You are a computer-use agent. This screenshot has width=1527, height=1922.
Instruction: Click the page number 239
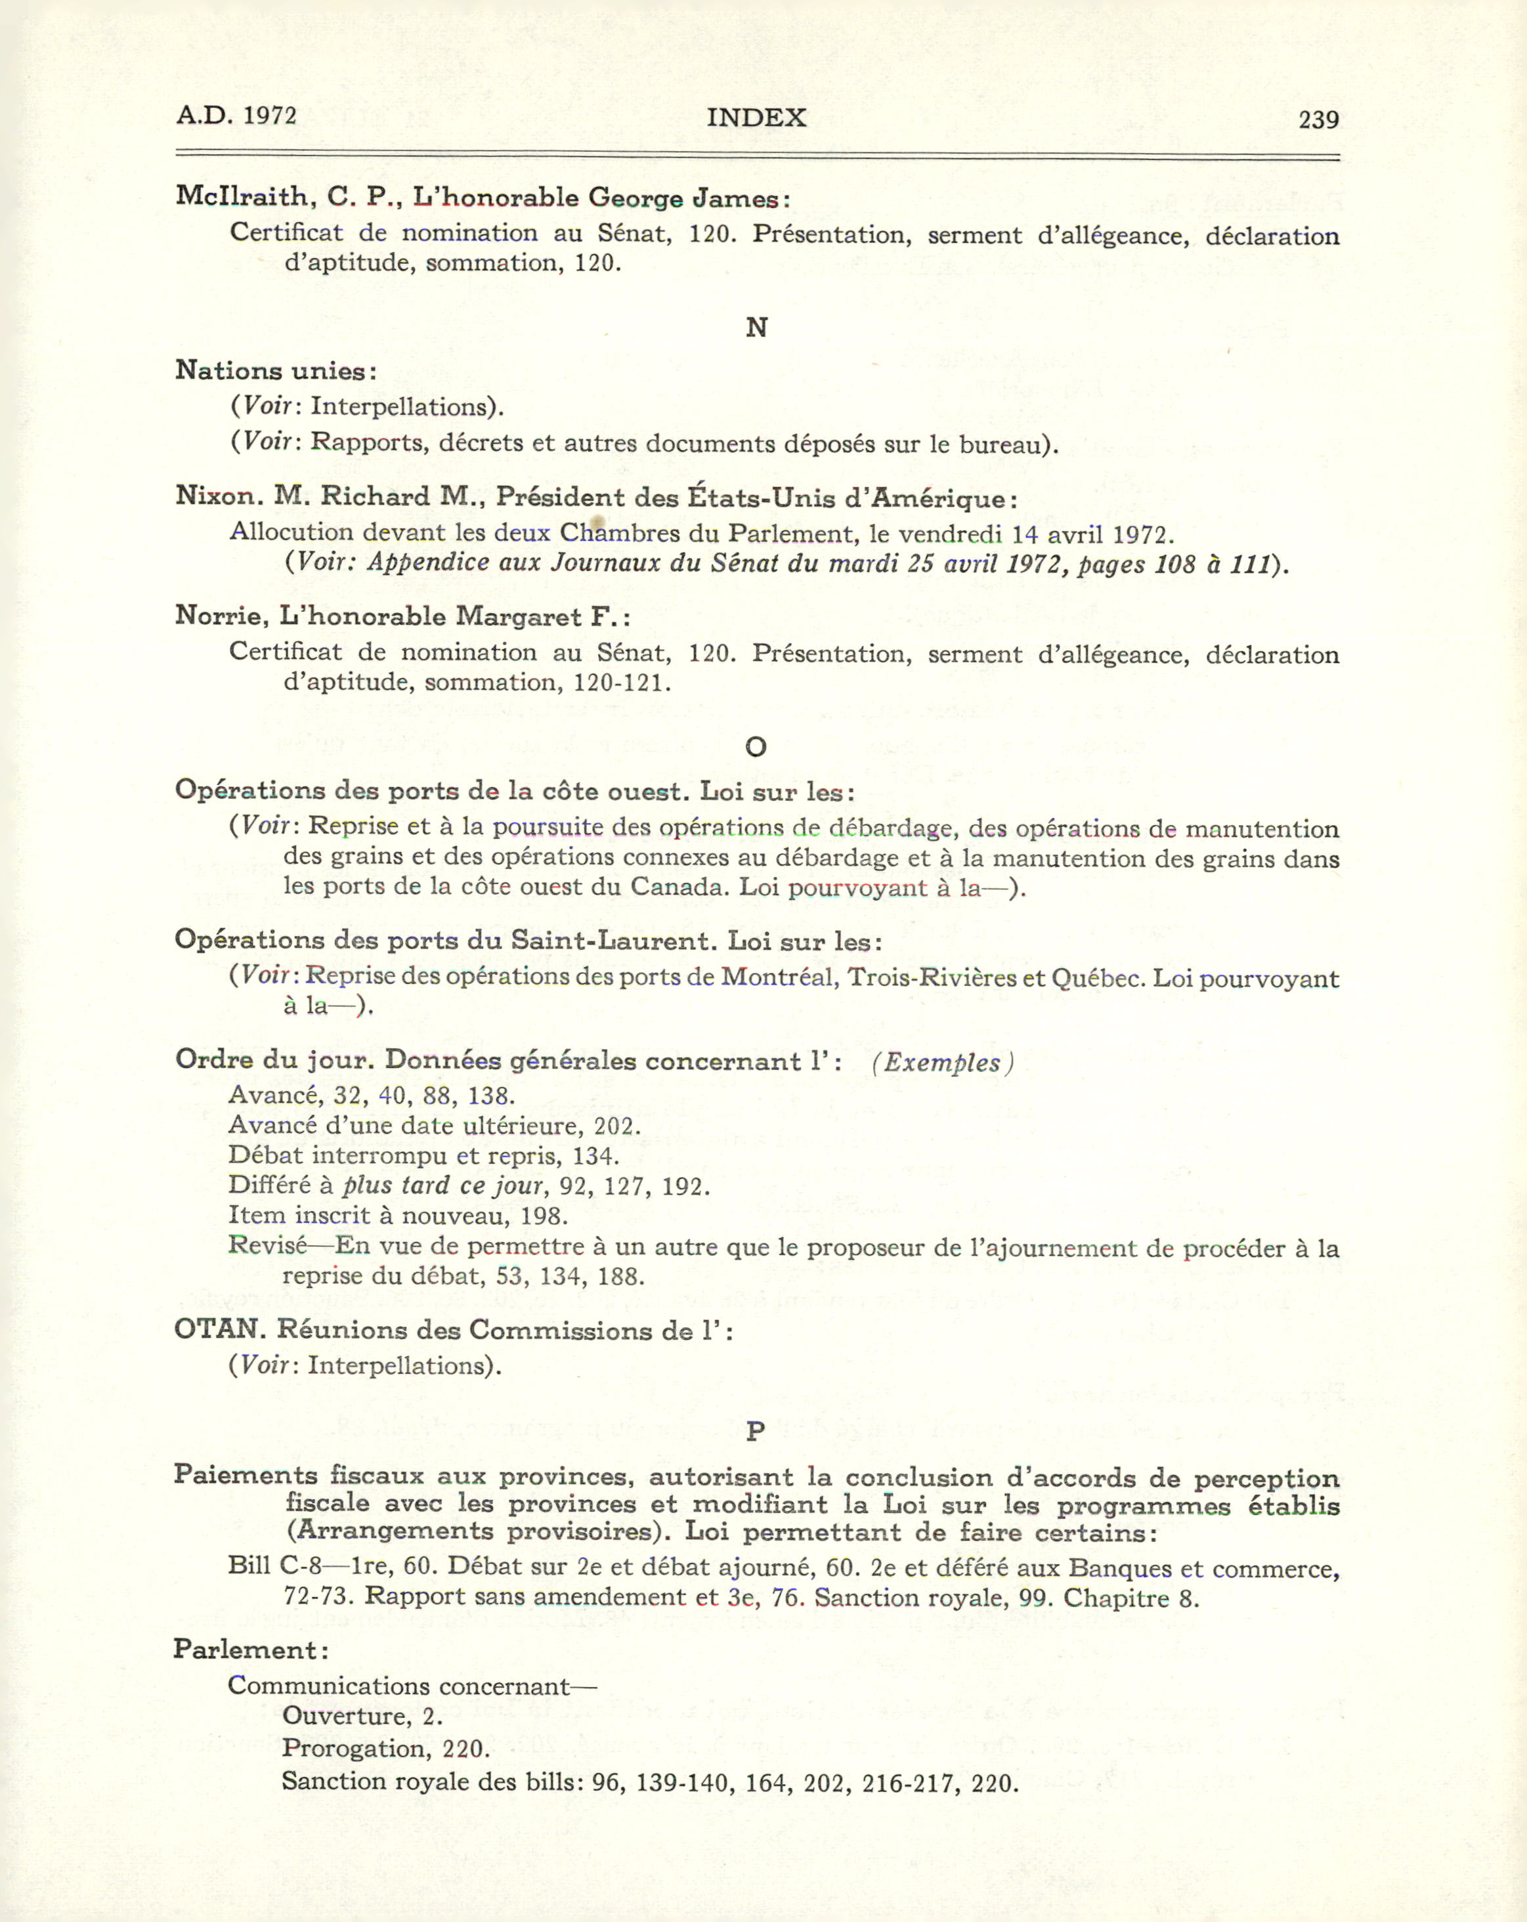click(x=1318, y=119)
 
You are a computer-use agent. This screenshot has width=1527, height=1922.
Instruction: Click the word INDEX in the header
click(x=756, y=117)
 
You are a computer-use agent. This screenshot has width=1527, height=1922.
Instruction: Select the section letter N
click(x=756, y=328)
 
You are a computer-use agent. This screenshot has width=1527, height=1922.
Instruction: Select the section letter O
click(x=756, y=747)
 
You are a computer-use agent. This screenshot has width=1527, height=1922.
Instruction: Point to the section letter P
click(x=756, y=1432)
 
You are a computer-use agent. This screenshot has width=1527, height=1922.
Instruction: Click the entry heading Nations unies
click(x=274, y=370)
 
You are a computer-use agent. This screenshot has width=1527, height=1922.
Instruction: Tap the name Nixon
click(x=219, y=496)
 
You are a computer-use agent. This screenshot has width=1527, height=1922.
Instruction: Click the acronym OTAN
click(x=219, y=1329)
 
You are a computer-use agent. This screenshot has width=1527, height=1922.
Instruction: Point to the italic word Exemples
click(x=942, y=1063)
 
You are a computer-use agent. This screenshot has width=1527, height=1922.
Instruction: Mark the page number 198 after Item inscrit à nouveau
click(x=543, y=1216)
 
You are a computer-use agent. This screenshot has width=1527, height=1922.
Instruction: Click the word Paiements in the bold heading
click(x=245, y=1476)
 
